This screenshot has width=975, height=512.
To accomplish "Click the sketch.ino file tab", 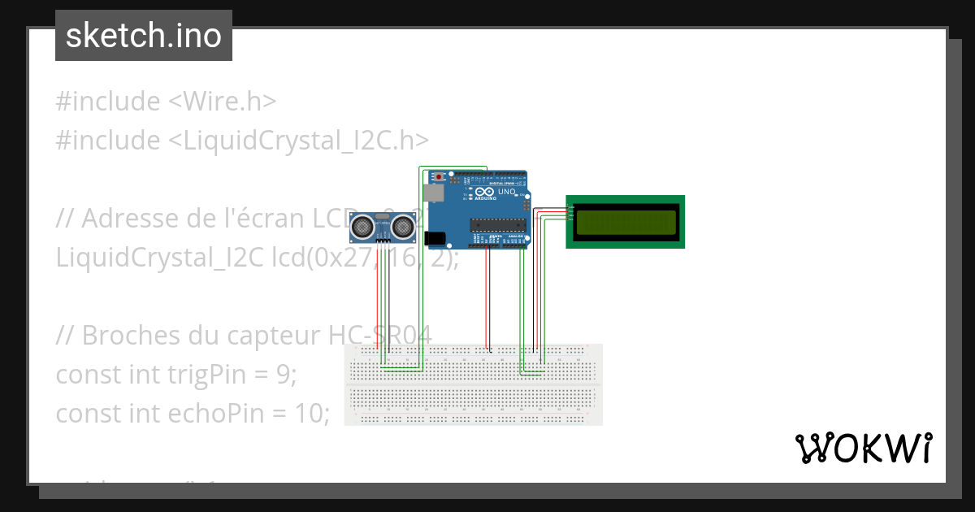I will (x=143, y=36).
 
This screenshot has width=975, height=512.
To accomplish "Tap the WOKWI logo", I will (x=862, y=448).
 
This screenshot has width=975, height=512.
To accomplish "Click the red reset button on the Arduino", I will (x=440, y=176).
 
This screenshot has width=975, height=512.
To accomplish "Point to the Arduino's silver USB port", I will (x=434, y=193).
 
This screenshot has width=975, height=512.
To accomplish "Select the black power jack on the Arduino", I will (x=436, y=237).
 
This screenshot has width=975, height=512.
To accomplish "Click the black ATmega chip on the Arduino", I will (x=497, y=224).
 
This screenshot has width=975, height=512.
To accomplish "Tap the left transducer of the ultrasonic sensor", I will (x=362, y=228).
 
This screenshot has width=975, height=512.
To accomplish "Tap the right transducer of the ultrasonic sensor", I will (x=401, y=228).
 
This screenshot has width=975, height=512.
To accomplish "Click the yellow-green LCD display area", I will (x=625, y=222).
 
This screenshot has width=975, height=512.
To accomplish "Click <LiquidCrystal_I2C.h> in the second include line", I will (x=298, y=141).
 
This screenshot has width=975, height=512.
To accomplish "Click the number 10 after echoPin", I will (x=311, y=414).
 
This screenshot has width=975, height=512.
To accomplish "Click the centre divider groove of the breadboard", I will (x=473, y=384).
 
